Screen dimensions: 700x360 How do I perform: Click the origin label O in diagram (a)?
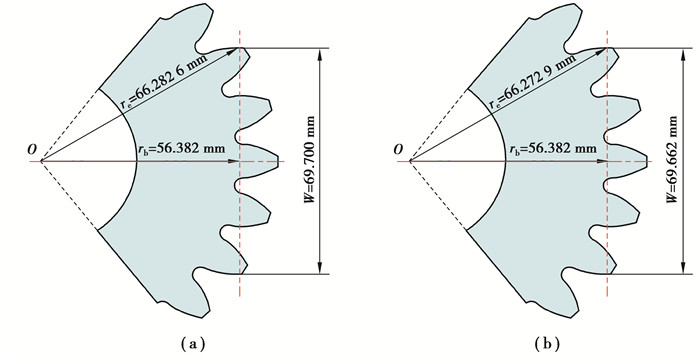pos(32,150)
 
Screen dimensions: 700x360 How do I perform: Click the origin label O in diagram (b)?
pos(399,150)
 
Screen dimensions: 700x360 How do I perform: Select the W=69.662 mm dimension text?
pos(672,160)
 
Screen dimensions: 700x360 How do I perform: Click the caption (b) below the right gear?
pos(546,344)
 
